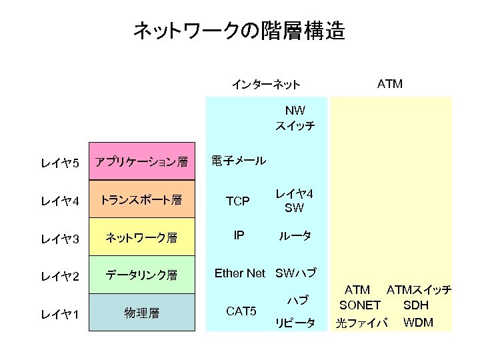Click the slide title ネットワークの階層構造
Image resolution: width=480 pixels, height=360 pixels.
click(239, 31)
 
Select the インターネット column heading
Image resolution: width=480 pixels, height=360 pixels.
click(265, 85)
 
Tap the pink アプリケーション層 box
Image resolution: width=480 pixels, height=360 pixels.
click(141, 161)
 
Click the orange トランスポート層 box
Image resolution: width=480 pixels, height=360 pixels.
click(141, 199)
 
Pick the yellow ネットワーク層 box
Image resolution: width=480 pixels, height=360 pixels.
click(141, 237)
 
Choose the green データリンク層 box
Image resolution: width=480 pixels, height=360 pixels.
click(141, 274)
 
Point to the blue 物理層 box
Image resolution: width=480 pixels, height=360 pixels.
click(141, 312)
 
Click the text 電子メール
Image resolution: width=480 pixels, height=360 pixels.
click(238, 161)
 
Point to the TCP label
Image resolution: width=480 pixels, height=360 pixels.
click(237, 201)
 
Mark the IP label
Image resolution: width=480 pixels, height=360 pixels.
click(237, 235)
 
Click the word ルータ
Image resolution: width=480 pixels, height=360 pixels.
click(294, 236)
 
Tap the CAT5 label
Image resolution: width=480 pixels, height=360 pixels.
click(241, 311)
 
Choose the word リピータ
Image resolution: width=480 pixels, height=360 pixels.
click(295, 323)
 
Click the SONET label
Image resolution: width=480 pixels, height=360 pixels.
click(359, 306)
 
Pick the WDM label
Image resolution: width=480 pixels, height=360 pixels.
click(418, 323)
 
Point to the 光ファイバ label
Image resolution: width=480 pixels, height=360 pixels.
click(361, 324)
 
